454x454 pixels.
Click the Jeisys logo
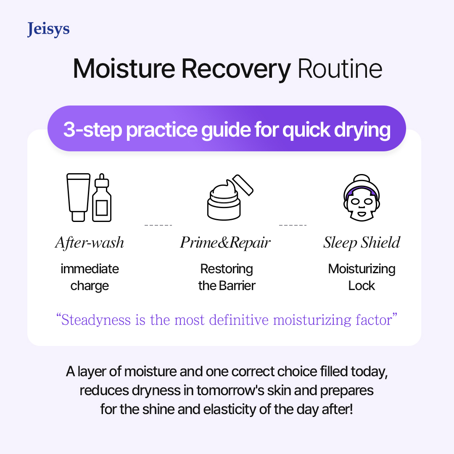point(48,30)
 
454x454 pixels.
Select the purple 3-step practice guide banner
point(227,129)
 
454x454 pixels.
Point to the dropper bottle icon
point(102,198)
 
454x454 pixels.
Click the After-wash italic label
point(90,243)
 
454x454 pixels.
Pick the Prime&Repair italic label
point(225,243)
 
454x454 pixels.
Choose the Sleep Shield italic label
point(362,243)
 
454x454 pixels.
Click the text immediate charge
point(90,277)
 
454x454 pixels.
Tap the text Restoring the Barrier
point(227,277)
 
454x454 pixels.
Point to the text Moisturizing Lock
point(362,277)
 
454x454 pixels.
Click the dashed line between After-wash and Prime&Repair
point(158,225)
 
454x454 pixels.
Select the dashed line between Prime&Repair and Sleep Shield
point(293,225)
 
